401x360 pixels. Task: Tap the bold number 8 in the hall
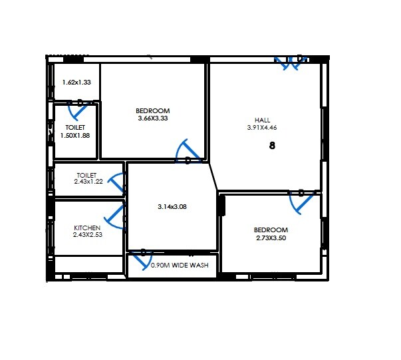pos(272,146)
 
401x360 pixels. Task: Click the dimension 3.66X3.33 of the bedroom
pos(152,118)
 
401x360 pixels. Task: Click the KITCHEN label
pos(87,227)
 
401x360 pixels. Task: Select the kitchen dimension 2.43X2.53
pos(87,234)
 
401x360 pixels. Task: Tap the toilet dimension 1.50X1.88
pos(74,135)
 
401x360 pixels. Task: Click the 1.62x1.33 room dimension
pos(76,83)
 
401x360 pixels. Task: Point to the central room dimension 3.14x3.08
pos(172,206)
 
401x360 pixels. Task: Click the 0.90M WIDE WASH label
pos(180,266)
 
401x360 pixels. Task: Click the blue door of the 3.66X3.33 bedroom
pos(187,152)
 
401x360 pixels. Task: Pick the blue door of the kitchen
pos(116,216)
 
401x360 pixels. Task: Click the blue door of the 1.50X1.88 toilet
pos(80,103)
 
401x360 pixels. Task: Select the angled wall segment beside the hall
pos(213,176)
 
